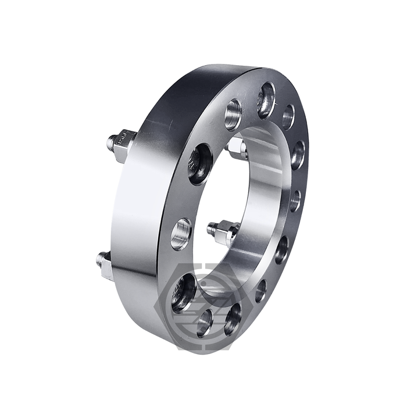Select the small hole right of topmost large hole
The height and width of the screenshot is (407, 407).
[x=288, y=116]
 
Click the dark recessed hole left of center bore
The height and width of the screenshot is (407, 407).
[x=199, y=163]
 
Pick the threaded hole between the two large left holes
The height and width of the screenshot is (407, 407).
[x=181, y=233]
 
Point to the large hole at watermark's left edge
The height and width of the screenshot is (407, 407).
[x=184, y=292]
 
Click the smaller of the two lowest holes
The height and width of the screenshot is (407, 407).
[x=205, y=322]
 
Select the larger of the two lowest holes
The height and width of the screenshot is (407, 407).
[x=233, y=319]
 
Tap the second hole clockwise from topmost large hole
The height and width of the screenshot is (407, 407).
[x=298, y=154]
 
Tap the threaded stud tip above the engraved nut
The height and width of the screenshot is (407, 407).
[x=112, y=140]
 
